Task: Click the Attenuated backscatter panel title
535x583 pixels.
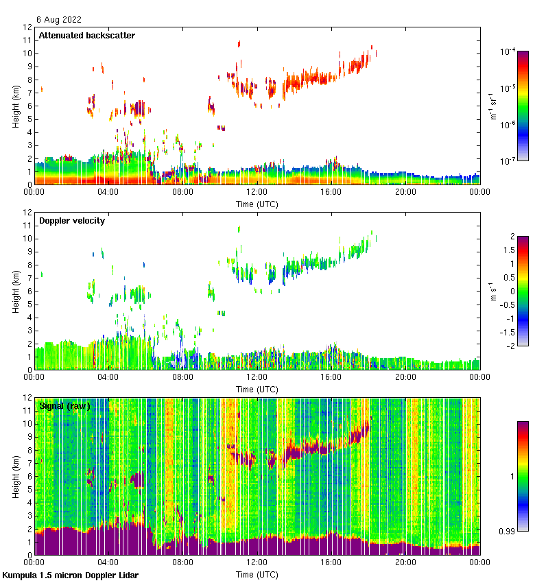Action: (86, 36)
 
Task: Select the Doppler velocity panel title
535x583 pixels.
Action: (70, 221)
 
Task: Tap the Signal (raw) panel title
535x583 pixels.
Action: (64, 406)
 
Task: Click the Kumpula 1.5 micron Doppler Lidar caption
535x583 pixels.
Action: (71, 575)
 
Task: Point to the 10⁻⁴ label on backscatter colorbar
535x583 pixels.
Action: (508, 51)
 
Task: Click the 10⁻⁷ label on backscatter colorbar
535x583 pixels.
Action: (508, 161)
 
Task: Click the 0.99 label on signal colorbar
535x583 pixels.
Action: (508, 532)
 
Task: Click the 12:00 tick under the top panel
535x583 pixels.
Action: (257, 192)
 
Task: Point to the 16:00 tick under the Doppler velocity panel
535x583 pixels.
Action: (331, 377)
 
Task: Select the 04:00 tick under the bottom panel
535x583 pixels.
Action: (108, 562)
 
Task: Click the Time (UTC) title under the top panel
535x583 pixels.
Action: (257, 204)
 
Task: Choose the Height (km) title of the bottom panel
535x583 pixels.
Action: (15, 476)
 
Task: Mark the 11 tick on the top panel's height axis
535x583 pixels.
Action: (27, 40)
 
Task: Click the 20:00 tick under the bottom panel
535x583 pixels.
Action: (405, 562)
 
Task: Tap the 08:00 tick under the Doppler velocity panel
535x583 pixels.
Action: (182, 377)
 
